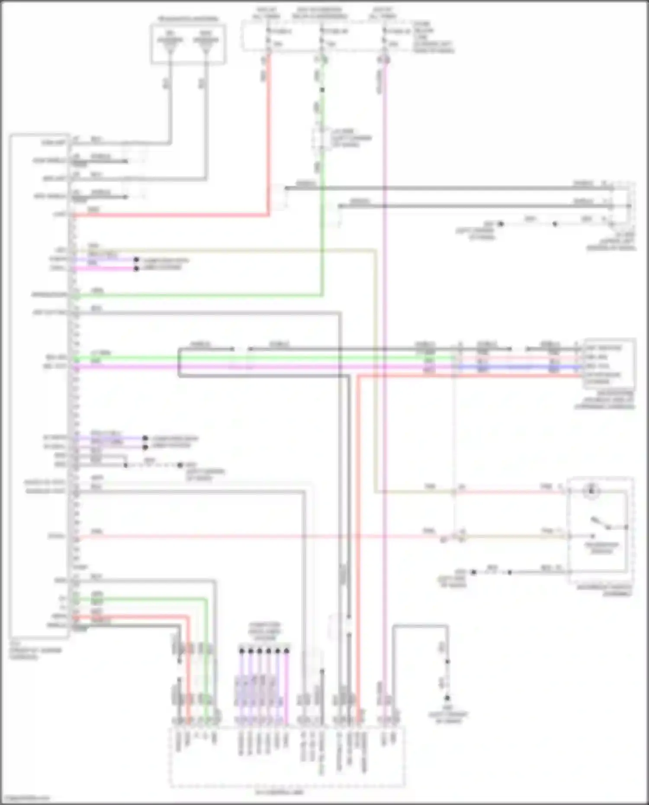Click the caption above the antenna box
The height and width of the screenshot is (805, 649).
[188, 19]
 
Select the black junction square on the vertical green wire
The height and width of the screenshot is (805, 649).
[322, 90]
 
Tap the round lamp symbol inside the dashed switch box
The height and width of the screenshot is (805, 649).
[591, 491]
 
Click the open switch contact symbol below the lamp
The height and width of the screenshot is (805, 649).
[601, 523]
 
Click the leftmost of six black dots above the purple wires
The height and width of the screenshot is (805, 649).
[242, 650]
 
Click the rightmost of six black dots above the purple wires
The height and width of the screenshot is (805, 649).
[286, 650]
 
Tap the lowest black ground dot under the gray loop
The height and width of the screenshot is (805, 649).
[447, 698]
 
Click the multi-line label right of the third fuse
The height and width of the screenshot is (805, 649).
[433, 37]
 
